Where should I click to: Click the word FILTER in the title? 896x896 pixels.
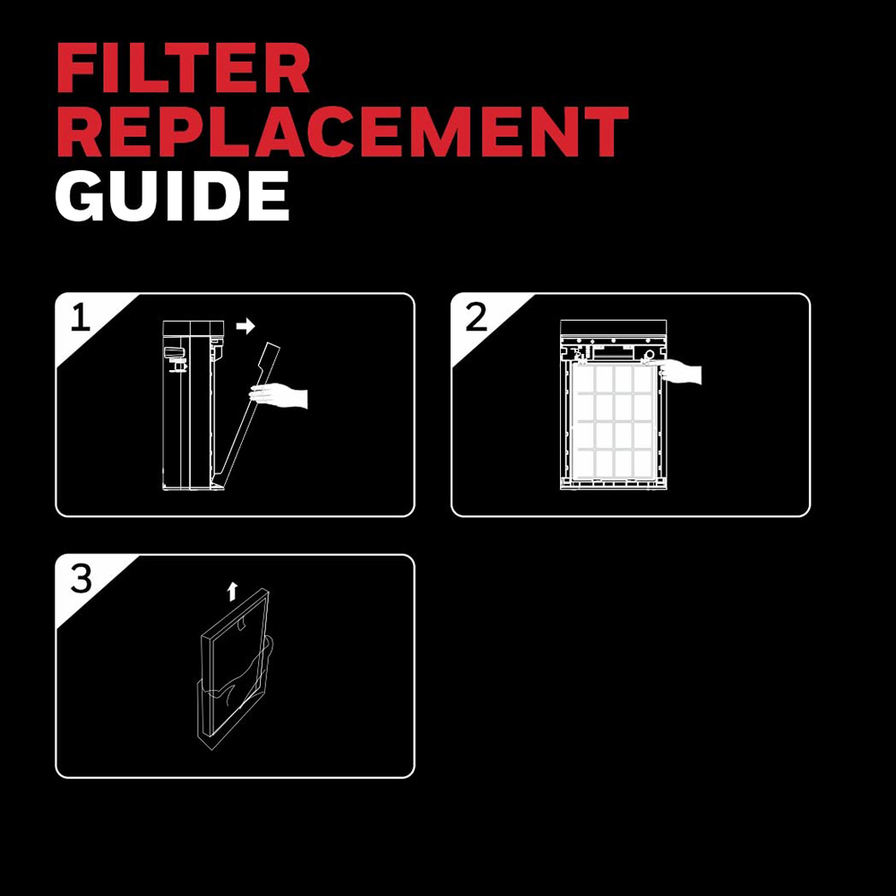click(184, 68)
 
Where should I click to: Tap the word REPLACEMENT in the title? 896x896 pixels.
click(343, 131)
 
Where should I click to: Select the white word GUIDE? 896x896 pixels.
click(172, 196)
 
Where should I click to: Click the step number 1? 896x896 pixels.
click(81, 317)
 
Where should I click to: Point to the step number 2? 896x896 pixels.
click(476, 317)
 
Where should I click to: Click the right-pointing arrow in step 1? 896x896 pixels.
click(246, 326)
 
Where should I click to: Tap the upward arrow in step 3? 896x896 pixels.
click(232, 591)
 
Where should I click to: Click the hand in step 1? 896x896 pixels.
click(279, 395)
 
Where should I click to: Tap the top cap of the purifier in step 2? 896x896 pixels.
click(613, 328)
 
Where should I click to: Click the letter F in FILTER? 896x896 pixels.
click(75, 68)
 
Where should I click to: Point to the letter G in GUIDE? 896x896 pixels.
click(80, 196)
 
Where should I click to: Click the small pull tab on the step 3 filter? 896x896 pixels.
click(242, 624)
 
